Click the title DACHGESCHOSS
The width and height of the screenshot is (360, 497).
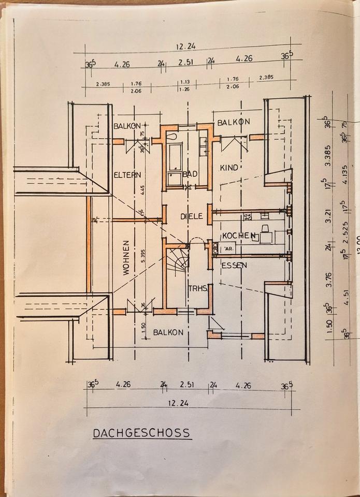pyautogui.click(x=141, y=433)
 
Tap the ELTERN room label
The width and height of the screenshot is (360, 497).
pyautogui.click(x=127, y=175)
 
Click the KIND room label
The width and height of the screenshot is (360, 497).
pyautogui.click(x=228, y=168)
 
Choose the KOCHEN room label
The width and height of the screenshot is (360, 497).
pyautogui.click(x=238, y=236)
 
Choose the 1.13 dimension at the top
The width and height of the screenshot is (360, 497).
pyautogui.click(x=185, y=82)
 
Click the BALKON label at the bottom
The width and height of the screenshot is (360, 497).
pyautogui.click(x=168, y=332)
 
